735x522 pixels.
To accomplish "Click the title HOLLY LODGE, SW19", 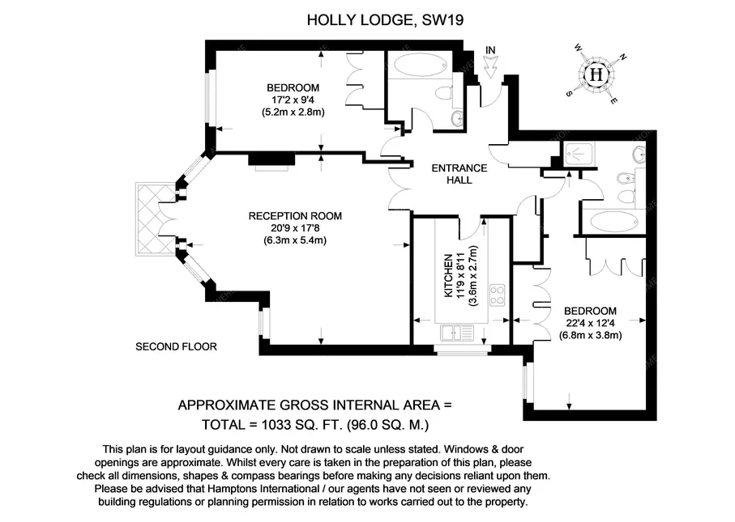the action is [x=385, y=20].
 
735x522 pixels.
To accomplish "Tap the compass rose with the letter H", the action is [x=596, y=74].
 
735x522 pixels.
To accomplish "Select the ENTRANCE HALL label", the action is [x=459, y=174].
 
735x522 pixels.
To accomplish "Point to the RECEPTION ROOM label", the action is [x=295, y=216].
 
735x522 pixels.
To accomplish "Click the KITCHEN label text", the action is [x=449, y=276].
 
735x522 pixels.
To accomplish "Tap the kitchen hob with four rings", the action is [x=497, y=295].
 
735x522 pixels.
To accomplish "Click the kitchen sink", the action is [x=456, y=333].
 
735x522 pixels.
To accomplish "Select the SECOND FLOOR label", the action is [x=176, y=347].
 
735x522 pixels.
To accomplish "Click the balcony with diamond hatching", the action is [x=156, y=219].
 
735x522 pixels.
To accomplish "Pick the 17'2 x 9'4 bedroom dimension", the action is [x=293, y=100].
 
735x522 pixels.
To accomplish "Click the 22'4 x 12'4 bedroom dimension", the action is [x=590, y=323].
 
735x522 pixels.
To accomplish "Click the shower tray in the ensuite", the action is [x=580, y=154].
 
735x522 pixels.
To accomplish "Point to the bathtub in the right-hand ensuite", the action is [x=613, y=221].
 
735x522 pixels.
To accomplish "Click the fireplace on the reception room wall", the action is [x=271, y=159].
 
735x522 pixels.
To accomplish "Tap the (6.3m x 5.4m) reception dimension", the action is [x=295, y=240].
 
